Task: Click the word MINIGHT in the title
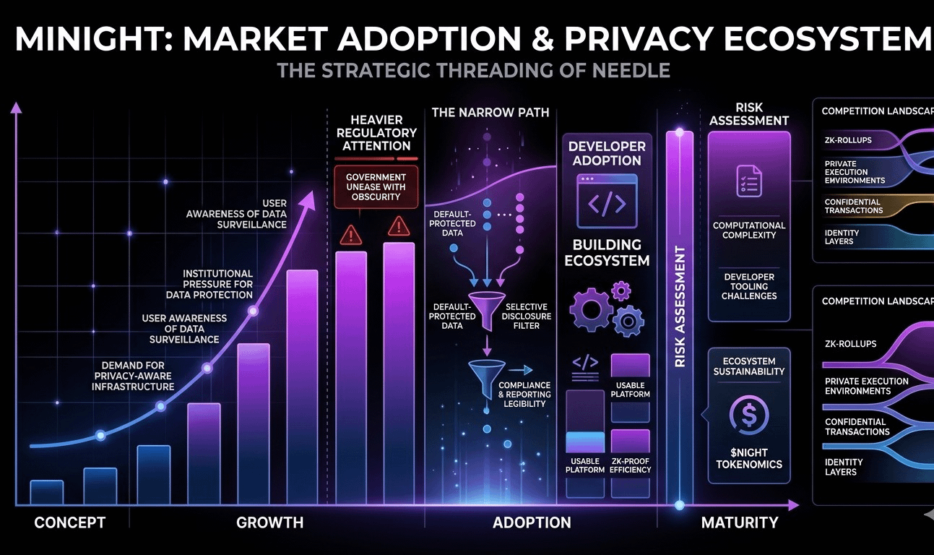(x=87, y=40)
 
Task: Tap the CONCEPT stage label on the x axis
(x=70, y=522)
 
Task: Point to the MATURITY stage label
(x=740, y=522)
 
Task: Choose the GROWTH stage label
(x=270, y=522)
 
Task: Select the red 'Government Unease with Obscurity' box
(x=376, y=187)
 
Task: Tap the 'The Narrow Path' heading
(x=490, y=113)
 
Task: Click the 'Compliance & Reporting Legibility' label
(x=524, y=395)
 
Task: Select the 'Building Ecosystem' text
(x=607, y=252)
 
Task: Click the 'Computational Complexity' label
(x=749, y=230)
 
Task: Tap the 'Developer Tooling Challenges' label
(x=749, y=286)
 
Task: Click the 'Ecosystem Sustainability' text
(x=749, y=366)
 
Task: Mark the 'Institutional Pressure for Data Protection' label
(x=217, y=284)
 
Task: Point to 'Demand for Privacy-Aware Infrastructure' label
(x=133, y=376)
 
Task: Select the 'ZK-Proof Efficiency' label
(x=630, y=465)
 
